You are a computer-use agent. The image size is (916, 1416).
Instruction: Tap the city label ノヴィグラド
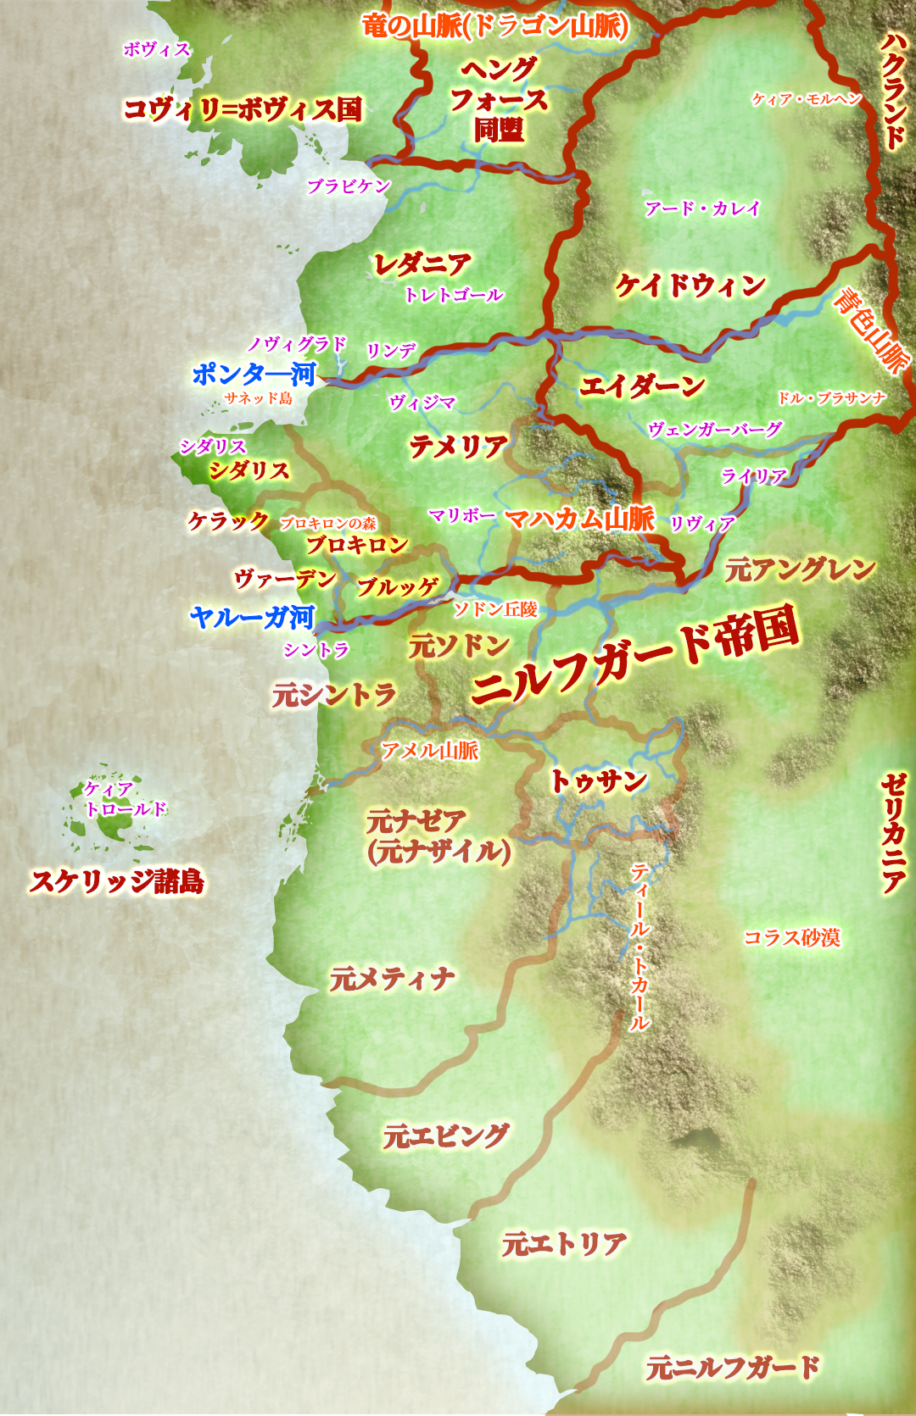(x=297, y=344)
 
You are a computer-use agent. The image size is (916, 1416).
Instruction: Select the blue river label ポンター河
(x=254, y=374)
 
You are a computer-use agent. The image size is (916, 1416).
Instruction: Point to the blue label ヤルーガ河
(x=252, y=618)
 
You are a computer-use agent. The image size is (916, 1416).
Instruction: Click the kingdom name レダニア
(x=422, y=265)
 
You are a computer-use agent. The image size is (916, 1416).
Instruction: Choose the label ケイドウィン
(x=690, y=286)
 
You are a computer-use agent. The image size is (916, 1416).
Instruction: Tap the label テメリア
(x=459, y=447)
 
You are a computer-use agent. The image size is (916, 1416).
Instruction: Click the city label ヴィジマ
(x=422, y=403)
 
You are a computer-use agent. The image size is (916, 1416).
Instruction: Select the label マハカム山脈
(x=580, y=519)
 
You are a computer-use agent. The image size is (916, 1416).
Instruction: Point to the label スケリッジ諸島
(x=117, y=881)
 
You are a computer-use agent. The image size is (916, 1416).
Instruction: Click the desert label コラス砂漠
(x=791, y=937)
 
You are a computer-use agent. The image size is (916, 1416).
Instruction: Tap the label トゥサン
(x=599, y=780)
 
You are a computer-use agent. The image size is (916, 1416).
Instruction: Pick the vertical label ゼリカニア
(x=893, y=833)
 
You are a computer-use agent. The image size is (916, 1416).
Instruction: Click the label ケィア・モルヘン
(x=807, y=99)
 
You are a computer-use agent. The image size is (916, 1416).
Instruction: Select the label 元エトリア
(x=564, y=1244)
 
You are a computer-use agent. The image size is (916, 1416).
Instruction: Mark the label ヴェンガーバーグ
(x=714, y=430)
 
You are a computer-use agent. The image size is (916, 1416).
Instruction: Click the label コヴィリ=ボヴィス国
(x=243, y=109)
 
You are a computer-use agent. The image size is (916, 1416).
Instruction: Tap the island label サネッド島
(x=258, y=398)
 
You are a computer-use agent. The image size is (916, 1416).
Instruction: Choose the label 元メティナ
(x=392, y=980)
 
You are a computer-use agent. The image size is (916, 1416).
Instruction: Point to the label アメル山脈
(x=430, y=750)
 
